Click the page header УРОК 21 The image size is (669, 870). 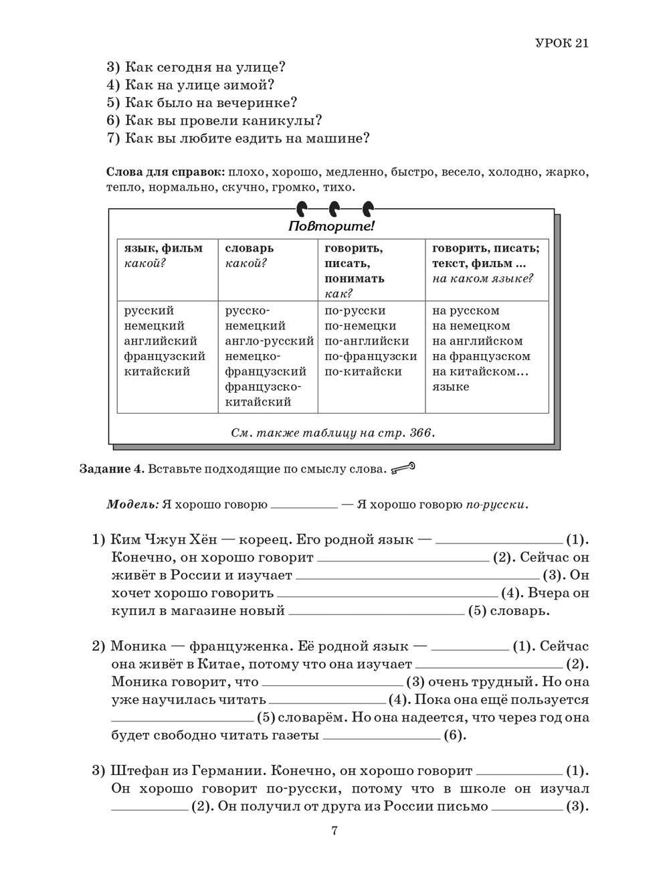(561, 43)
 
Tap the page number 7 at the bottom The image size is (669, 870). (334, 831)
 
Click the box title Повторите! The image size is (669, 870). (331, 226)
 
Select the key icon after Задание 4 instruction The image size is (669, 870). (403, 468)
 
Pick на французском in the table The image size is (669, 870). (481, 356)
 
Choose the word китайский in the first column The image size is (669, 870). (157, 371)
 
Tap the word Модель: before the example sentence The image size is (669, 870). (132, 504)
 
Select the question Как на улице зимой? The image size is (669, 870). (191, 85)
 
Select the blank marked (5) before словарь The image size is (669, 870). (375, 611)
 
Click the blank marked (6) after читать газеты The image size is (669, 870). (381, 735)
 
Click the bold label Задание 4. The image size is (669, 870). (111, 469)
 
